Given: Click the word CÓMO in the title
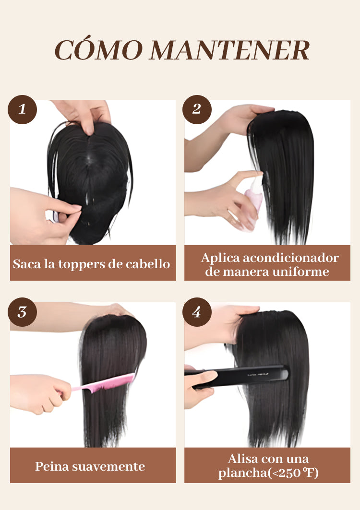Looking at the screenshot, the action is [98, 50].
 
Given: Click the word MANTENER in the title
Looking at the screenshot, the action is [229, 50].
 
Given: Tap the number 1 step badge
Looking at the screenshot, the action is [22, 109].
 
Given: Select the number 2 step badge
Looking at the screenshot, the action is [197, 109].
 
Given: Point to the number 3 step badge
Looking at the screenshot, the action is [22, 312].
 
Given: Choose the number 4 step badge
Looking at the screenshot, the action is [197, 312].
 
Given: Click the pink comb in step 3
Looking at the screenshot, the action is [103, 383].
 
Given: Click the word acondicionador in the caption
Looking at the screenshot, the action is [291, 258].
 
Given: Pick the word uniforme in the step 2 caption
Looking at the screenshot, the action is [301, 272].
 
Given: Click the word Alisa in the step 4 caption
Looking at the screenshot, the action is [243, 459].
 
